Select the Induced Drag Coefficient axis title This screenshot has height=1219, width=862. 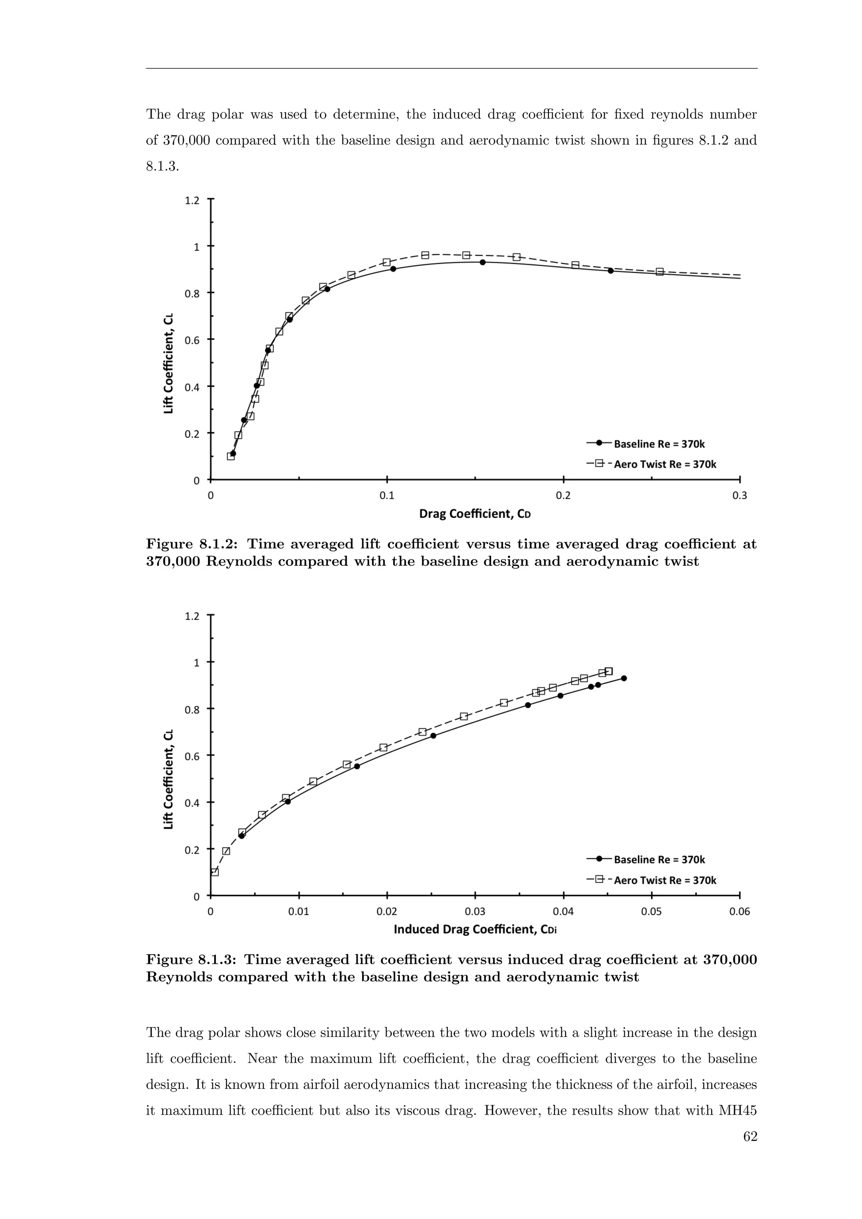point(475,929)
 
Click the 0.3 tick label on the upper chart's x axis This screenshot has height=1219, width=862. point(740,496)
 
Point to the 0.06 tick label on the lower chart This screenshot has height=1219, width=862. point(740,912)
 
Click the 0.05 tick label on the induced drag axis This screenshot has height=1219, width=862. point(651,912)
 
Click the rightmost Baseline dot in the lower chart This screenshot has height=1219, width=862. point(624,679)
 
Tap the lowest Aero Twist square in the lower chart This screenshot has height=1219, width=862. point(214,872)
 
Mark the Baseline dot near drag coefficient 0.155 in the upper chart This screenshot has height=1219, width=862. point(482,262)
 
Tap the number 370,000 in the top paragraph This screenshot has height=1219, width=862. point(178,141)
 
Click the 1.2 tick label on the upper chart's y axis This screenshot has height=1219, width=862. point(192,200)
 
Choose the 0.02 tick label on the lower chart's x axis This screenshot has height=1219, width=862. point(386,912)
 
